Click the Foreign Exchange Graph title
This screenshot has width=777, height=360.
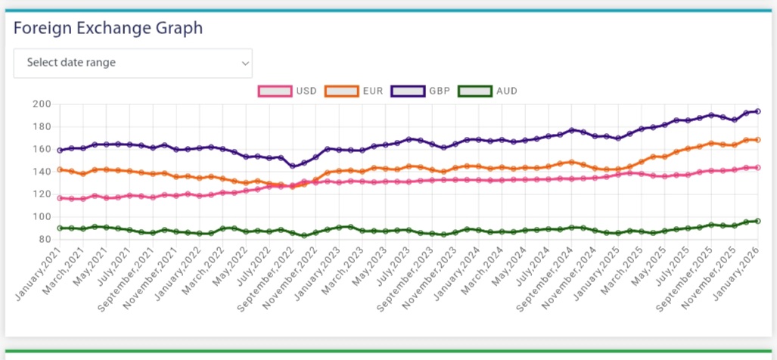click(108, 29)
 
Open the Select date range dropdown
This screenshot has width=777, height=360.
click(133, 63)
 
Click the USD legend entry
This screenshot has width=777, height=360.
click(288, 91)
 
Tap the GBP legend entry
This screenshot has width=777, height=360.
click(421, 91)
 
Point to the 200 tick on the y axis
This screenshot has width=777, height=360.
click(42, 104)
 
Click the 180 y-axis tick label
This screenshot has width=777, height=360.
click(42, 127)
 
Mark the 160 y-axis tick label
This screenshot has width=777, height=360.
click(42, 149)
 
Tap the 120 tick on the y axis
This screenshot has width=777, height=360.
click(42, 194)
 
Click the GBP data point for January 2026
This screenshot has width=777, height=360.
click(757, 111)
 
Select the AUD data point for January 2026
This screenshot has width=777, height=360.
click(757, 221)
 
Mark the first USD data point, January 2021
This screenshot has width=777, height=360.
click(60, 198)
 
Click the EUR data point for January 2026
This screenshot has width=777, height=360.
click(757, 140)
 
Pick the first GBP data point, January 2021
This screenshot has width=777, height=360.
click(60, 151)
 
